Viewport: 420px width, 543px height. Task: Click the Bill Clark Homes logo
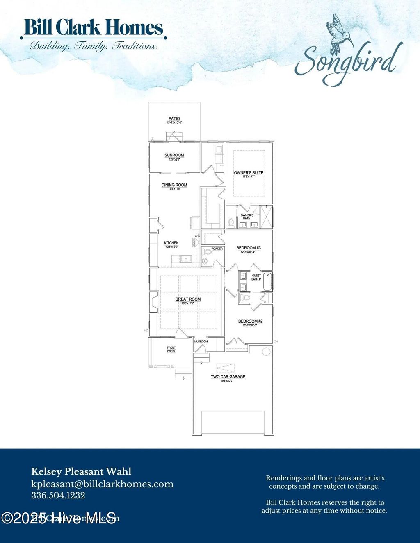point(93,28)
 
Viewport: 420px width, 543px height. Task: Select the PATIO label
point(174,119)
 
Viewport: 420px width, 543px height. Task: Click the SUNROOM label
point(174,155)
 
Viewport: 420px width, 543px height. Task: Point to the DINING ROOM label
point(174,185)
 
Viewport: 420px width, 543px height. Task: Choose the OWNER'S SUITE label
point(249,173)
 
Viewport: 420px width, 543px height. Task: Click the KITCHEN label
point(171,243)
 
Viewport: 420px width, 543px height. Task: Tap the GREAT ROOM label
point(188,299)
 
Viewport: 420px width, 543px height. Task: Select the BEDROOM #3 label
point(249,248)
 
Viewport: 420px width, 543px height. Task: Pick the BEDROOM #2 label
point(250,321)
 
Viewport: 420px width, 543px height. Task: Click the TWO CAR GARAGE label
point(228,377)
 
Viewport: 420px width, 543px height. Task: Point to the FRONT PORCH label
point(171,349)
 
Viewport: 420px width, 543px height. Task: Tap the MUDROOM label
point(201,342)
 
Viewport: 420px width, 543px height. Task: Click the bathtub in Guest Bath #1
point(267,282)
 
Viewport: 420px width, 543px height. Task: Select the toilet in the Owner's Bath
point(231,223)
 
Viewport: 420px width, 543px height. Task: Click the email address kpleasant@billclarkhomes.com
point(102,484)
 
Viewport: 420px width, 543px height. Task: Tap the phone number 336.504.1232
point(58,495)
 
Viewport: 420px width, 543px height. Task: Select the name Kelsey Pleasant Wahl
point(81,472)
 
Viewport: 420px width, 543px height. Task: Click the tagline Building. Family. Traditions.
point(94,46)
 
